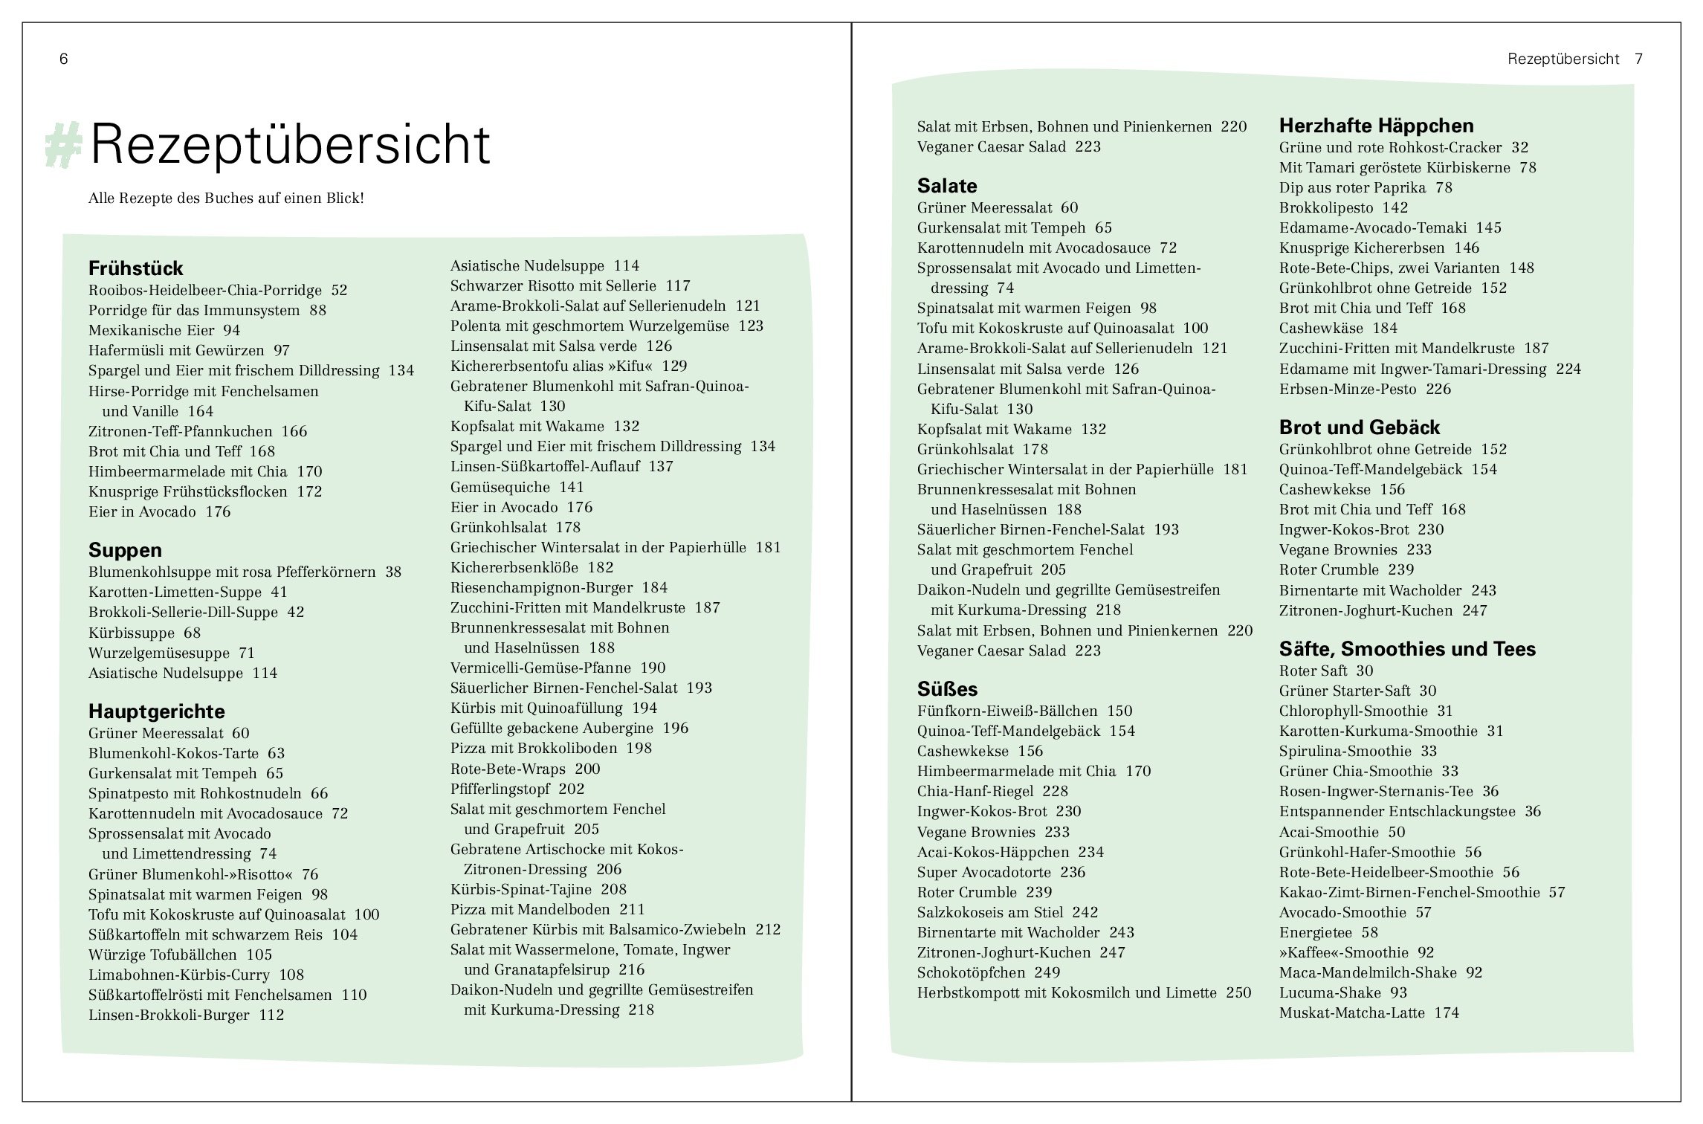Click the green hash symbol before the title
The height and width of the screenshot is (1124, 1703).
(63, 145)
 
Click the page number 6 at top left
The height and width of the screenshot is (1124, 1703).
(64, 59)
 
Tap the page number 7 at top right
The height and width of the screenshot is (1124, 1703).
(1639, 59)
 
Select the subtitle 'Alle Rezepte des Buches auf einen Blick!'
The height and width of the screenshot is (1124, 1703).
(226, 199)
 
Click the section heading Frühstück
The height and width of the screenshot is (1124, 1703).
(135, 268)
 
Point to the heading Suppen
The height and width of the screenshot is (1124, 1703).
(125, 550)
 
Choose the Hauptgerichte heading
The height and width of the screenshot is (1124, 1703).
(156, 711)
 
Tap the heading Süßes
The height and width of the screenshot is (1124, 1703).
(947, 689)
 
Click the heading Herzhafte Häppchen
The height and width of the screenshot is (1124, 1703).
(1376, 126)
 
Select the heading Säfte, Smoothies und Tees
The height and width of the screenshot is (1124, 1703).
(1407, 649)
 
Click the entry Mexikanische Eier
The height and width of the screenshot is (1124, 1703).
(152, 331)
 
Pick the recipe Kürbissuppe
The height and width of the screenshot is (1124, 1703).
(132, 633)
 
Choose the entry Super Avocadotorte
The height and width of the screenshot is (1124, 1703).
(984, 873)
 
